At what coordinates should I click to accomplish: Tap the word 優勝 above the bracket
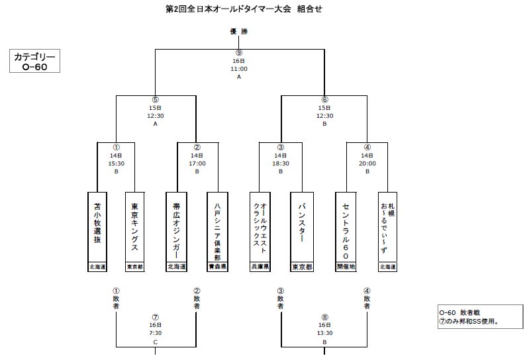pos(239,32)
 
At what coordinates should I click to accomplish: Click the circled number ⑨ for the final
pos(239,53)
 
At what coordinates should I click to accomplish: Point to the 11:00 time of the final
pos(239,69)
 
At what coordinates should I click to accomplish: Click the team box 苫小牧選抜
pos(97,227)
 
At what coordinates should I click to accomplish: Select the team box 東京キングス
pos(135,227)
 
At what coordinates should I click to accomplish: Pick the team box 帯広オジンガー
pos(176,227)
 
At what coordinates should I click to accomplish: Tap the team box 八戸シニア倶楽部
pos(217,227)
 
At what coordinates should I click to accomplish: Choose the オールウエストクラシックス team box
pos(260,227)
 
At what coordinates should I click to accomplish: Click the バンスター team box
pos(301,227)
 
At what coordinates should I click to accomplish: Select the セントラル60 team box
pos(346,227)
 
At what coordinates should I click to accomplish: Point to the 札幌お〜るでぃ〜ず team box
pos(387,227)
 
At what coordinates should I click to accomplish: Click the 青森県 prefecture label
pos(217,267)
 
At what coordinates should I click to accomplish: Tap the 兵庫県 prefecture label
pos(260,267)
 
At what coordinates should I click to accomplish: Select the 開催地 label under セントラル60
pos(346,267)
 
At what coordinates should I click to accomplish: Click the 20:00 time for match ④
pos(367,163)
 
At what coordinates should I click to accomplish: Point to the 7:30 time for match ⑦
pos(156,334)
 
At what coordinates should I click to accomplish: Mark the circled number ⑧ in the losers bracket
pos(324,318)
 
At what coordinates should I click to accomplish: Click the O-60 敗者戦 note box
pos(477,316)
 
